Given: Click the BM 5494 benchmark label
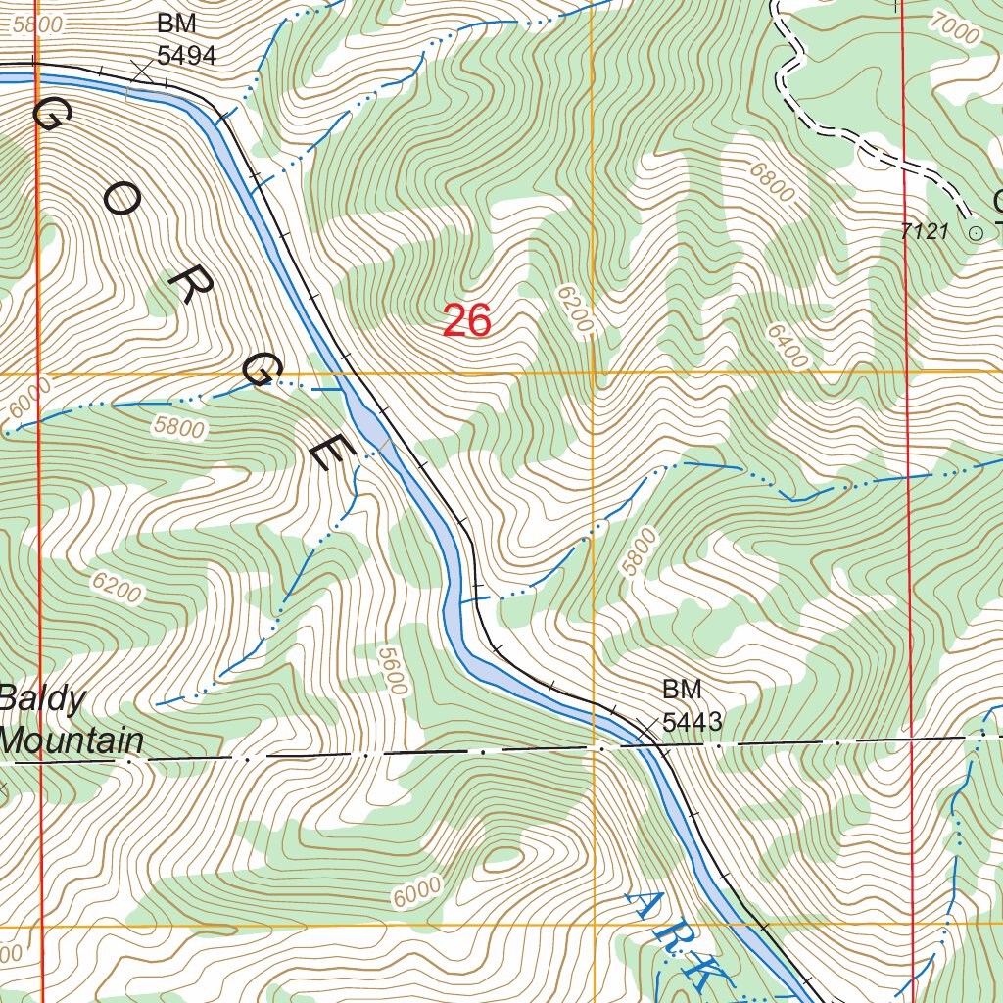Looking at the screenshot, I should coord(186,40).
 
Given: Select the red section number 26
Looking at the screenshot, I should coord(466,321).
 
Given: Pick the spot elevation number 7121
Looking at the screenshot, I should coord(926,232).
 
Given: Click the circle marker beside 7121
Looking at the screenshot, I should coord(975,233).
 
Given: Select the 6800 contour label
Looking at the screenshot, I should coord(773,182).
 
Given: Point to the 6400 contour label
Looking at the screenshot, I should coord(788,347).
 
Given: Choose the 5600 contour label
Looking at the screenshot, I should coord(390,670).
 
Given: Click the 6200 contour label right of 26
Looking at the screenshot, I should coord(575,312).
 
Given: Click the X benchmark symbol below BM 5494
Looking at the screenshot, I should coord(143,71).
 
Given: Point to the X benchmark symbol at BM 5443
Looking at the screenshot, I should coord(646,728).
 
